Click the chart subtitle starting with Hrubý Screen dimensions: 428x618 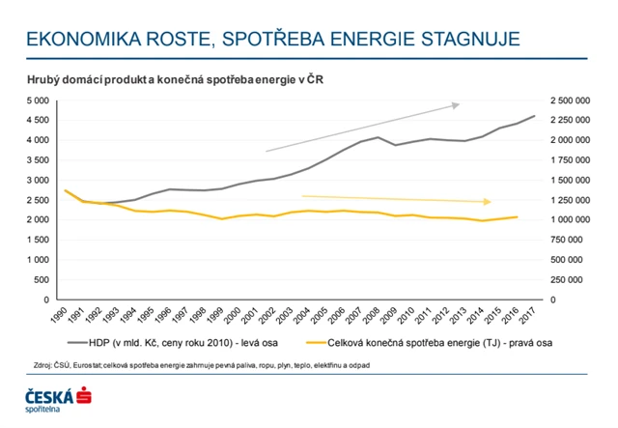tap(173, 80)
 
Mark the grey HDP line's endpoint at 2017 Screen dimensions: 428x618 tap(534, 117)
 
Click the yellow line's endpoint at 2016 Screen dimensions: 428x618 tap(518, 217)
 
